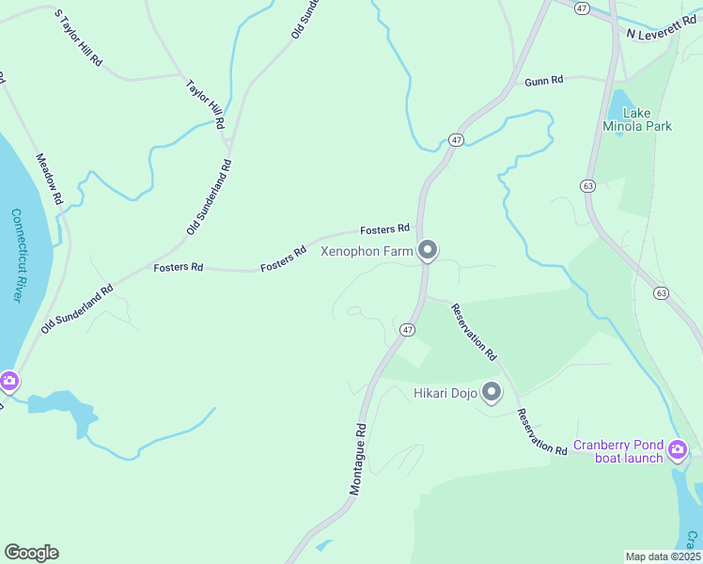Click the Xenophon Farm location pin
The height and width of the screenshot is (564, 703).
tap(428, 250)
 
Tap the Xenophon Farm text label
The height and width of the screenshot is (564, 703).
tap(367, 251)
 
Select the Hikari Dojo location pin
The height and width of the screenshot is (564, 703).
tap(492, 393)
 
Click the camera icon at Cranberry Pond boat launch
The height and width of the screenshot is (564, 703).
tap(677, 452)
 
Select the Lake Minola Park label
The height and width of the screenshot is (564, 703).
tap(636, 118)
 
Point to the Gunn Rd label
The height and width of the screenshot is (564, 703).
tap(543, 81)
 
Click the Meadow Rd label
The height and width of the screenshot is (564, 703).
tap(49, 179)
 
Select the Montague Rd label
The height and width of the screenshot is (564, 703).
tap(358, 459)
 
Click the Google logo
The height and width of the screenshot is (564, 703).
tap(31, 553)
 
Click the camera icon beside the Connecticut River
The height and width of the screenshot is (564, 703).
tap(8, 382)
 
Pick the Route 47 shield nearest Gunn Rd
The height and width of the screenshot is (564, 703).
tap(456, 139)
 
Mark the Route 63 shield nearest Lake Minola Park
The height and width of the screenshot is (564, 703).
tap(587, 186)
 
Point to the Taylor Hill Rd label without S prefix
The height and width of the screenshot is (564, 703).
tap(205, 103)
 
